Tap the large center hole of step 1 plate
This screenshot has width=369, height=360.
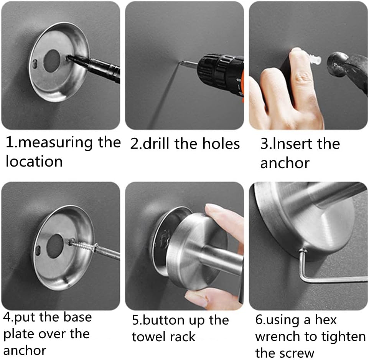point(52,61)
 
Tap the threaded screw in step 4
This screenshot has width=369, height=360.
point(82,244)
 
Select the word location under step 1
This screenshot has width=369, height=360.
point(34,161)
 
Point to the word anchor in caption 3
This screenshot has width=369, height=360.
point(285,163)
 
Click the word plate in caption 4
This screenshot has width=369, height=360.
point(19,334)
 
